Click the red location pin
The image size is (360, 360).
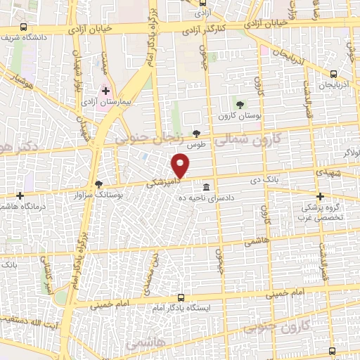(181, 166)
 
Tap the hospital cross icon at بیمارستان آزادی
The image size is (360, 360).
(106, 91)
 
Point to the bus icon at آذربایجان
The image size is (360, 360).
(333, 73)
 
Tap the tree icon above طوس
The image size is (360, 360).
(196, 133)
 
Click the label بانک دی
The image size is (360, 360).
(268, 180)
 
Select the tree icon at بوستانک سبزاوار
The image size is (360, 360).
(98, 184)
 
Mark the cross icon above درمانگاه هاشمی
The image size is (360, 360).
(20, 195)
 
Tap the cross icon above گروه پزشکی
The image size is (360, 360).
(320, 196)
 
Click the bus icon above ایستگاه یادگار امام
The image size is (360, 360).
(181, 297)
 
